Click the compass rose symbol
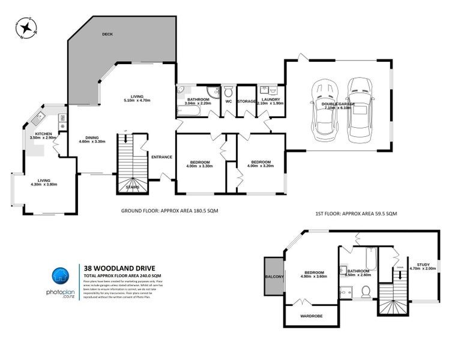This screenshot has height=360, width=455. (x=26, y=28)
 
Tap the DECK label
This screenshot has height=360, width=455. (x=108, y=34)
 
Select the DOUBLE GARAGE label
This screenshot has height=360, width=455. (x=338, y=104)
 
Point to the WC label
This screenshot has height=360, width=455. (x=228, y=101)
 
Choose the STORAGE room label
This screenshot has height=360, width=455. (x=246, y=101)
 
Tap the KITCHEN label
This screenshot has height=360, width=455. (x=43, y=133)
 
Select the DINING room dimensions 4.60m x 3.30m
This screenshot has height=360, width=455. (x=92, y=142)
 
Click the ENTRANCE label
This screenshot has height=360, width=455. (x=161, y=157)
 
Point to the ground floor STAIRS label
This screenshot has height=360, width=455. (x=133, y=187)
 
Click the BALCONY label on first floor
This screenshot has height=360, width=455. (x=274, y=277)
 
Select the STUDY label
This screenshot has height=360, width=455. (x=419, y=265)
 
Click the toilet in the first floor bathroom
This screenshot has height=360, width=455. (x=365, y=292)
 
